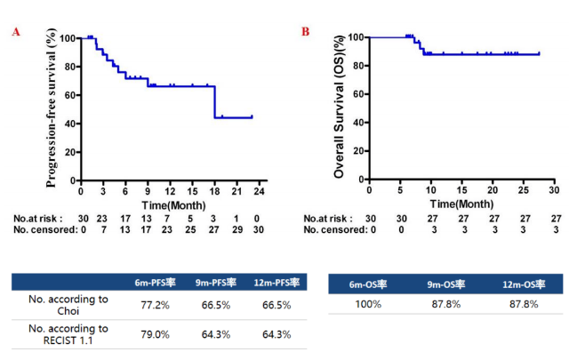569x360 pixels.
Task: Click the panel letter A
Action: tap(16, 32)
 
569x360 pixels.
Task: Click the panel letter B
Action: tap(306, 32)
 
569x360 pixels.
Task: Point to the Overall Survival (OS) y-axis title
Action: tap(340, 106)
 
